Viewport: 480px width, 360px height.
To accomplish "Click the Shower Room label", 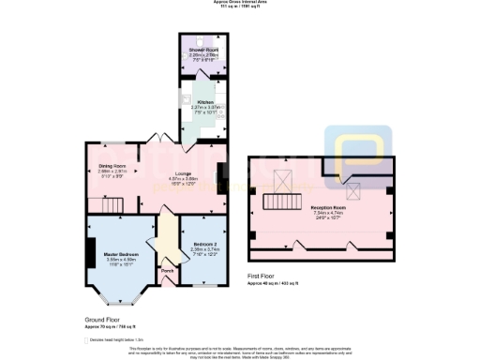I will pos(203,49).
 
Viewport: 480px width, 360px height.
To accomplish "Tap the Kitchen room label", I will pos(202,102).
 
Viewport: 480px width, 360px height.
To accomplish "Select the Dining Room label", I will pos(113,167).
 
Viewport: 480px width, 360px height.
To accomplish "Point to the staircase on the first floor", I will pos(277,202).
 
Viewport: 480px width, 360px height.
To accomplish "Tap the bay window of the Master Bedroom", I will pos(122,298).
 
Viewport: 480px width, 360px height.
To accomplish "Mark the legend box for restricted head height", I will pos(87,339).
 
